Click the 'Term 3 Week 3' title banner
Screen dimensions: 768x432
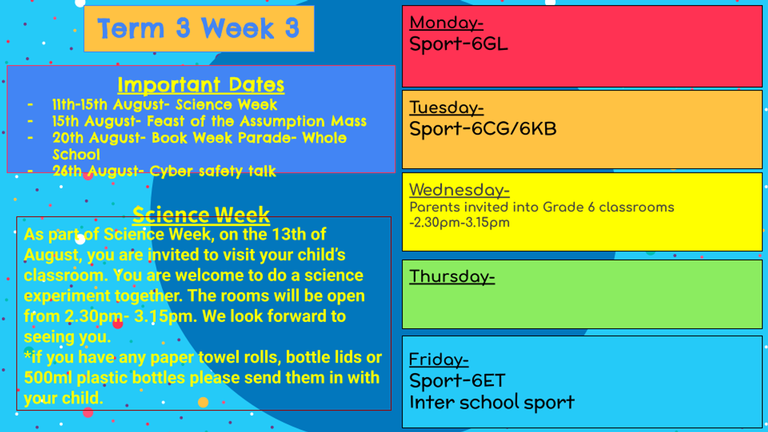pyautogui.click(x=199, y=29)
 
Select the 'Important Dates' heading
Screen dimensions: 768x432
pyautogui.click(x=201, y=84)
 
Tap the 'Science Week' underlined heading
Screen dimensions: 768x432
pyautogui.click(x=201, y=215)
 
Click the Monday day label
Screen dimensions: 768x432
pyautogui.click(x=447, y=23)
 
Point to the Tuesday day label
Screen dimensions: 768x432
pyautogui.click(x=447, y=108)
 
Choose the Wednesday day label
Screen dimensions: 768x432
pyautogui.click(x=460, y=190)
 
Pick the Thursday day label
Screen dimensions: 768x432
pyautogui.click(x=452, y=276)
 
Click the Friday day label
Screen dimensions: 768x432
pyautogui.click(x=439, y=360)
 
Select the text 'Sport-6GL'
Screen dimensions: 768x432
pyautogui.click(x=458, y=45)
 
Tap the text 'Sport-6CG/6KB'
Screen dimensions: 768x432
pyautogui.click(x=483, y=129)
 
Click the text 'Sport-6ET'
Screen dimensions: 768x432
pyautogui.click(x=458, y=381)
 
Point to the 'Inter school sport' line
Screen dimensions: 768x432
pyautogui.click(x=492, y=403)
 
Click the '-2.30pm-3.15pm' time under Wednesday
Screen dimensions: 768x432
pyautogui.click(x=460, y=223)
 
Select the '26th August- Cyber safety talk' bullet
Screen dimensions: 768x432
pyautogui.click(x=164, y=171)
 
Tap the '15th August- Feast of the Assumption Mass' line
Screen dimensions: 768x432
pyautogui.click(x=209, y=121)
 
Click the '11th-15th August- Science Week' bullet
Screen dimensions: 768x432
pyautogui.click(x=164, y=104)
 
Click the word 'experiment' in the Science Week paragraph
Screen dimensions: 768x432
pyautogui.click(x=67, y=296)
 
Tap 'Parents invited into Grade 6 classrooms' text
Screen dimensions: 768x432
pyautogui.click(x=541, y=207)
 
